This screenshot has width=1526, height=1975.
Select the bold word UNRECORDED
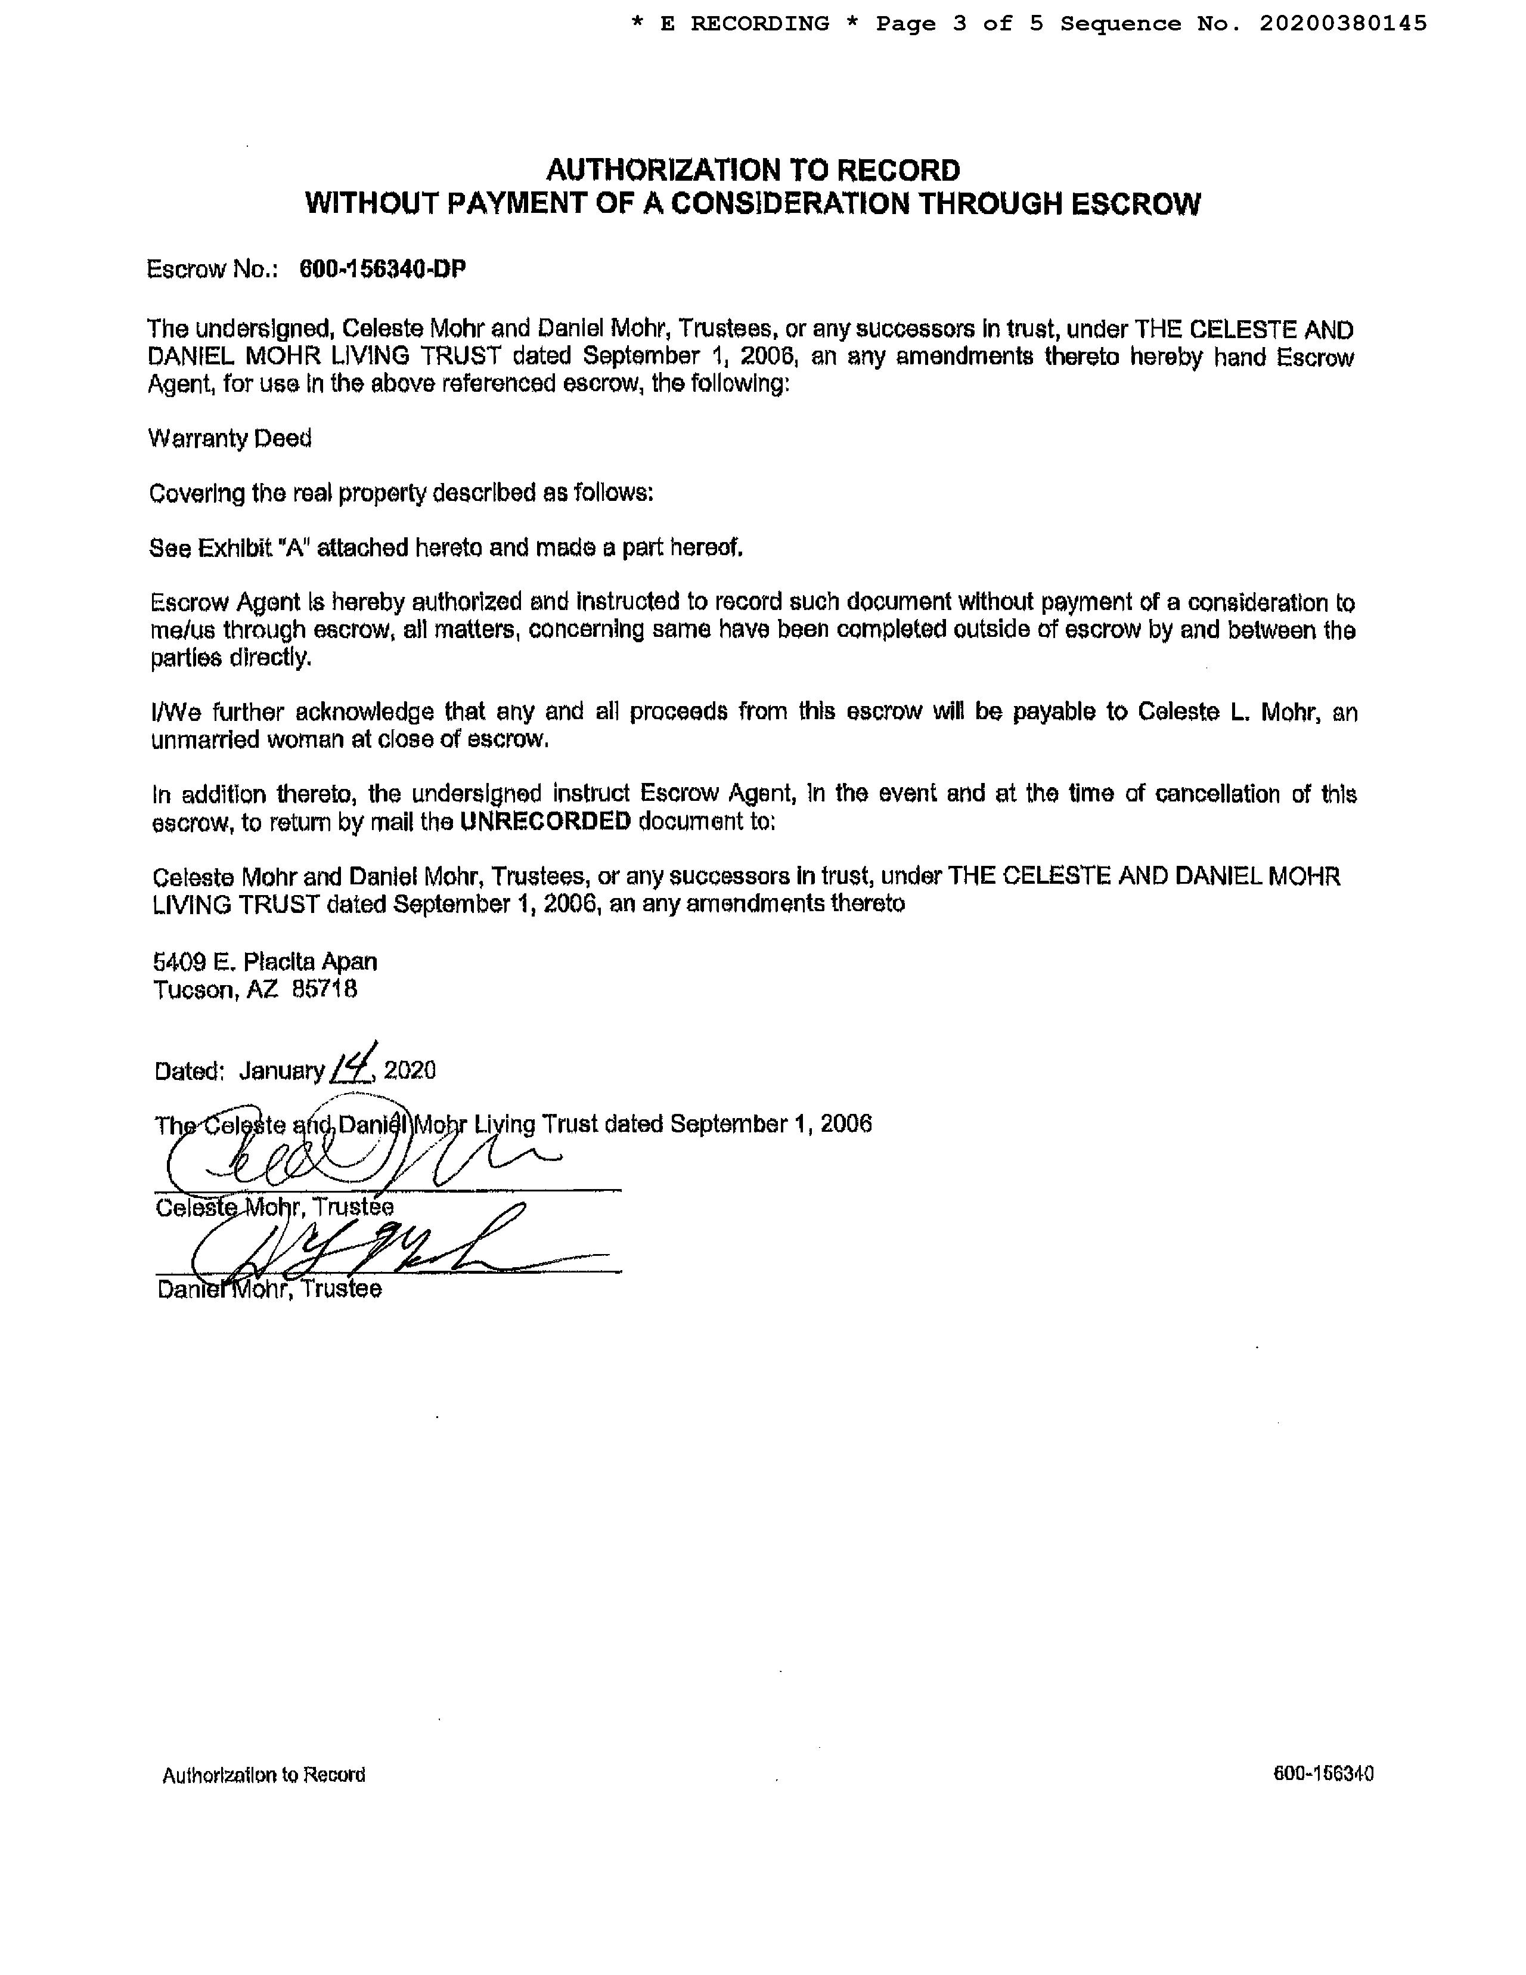545,821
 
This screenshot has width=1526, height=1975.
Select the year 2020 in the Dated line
410,1071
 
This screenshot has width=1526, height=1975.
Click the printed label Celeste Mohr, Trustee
274,1208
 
